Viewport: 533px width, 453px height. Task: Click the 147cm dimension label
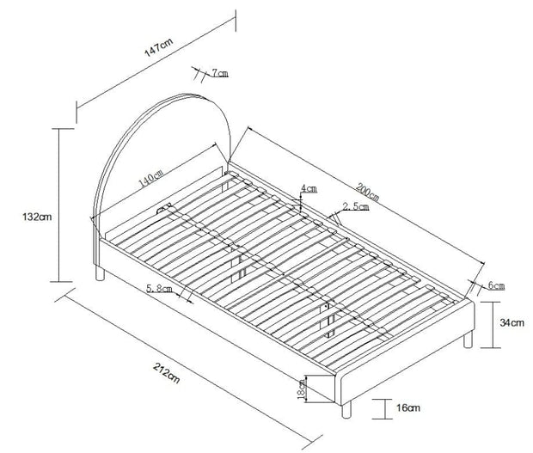(159, 47)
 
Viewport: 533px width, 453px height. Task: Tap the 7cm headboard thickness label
(220, 73)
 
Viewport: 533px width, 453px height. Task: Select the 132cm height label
(37, 217)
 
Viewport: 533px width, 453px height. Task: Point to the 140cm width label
(151, 178)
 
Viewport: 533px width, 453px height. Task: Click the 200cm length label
(367, 192)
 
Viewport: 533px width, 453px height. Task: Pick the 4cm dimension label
(309, 188)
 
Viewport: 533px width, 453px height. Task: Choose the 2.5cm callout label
(356, 206)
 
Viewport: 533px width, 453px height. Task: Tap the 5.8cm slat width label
(159, 289)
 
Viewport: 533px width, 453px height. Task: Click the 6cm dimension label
(496, 285)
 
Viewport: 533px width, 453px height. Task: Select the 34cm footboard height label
(512, 322)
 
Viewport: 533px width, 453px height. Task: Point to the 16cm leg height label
(408, 407)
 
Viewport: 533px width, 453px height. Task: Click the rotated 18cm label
(302, 389)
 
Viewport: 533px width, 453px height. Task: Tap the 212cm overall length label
(166, 373)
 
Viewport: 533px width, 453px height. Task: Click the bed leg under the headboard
(100, 273)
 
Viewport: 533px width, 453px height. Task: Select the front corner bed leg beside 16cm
(346, 410)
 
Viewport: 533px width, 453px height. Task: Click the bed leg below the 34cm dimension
(468, 340)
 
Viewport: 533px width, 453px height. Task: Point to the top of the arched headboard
(185, 93)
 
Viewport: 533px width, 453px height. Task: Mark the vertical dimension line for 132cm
(59, 205)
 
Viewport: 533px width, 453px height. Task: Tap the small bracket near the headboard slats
(163, 208)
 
